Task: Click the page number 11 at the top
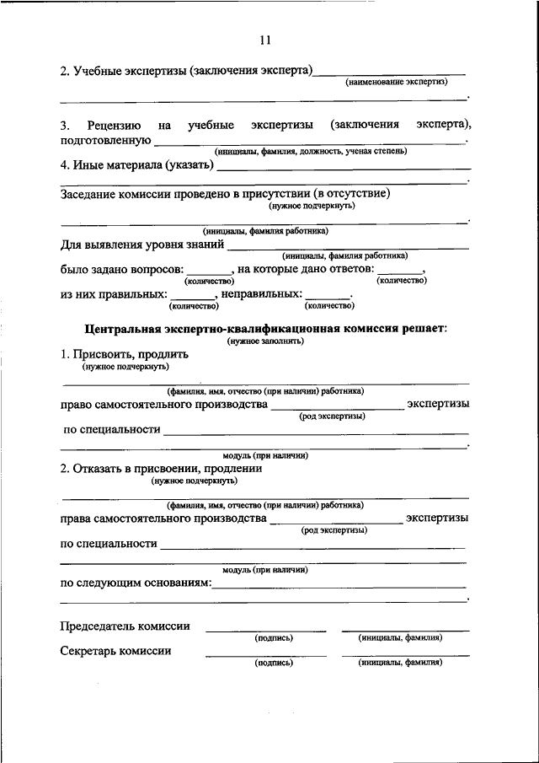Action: click(266, 40)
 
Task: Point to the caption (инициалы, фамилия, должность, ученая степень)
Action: click(311, 151)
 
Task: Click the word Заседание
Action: click(88, 193)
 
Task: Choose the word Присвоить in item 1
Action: click(101, 355)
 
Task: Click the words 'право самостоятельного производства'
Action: click(164, 405)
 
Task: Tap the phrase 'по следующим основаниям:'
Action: click(135, 583)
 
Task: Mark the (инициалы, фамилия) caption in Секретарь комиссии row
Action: click(400, 663)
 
